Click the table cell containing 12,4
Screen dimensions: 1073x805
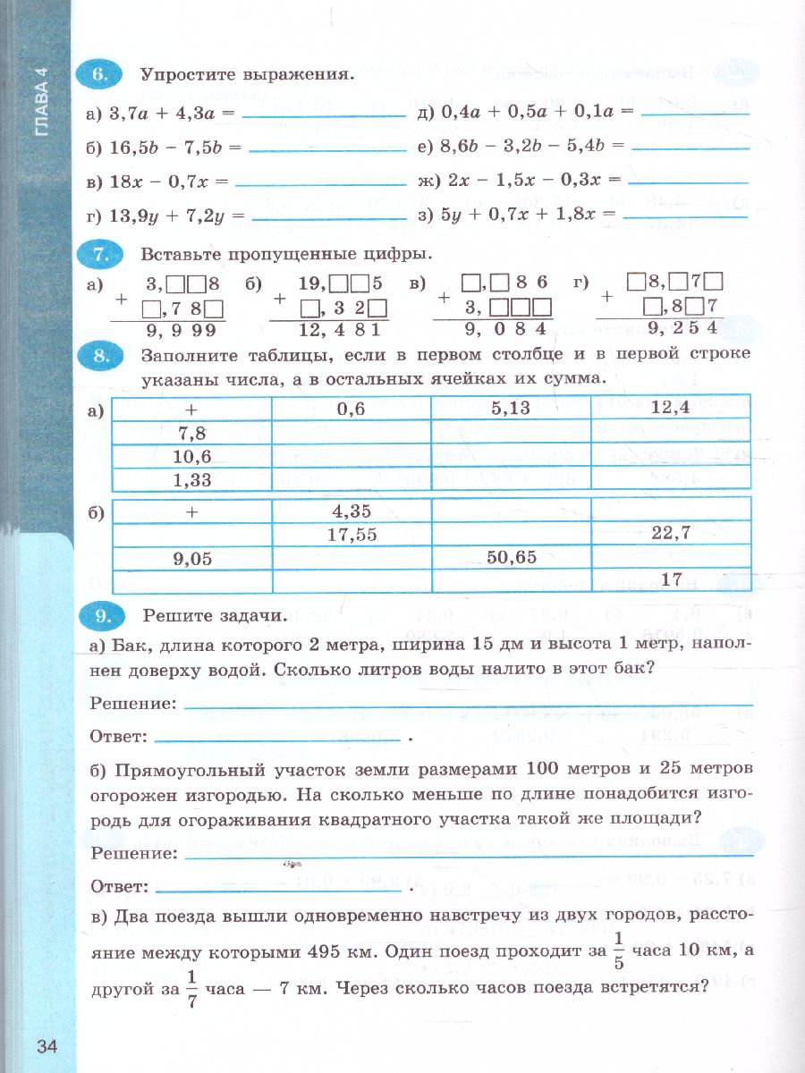[x=670, y=408]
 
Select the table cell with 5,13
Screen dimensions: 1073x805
[x=511, y=408]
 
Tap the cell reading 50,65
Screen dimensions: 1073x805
[x=511, y=558]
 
